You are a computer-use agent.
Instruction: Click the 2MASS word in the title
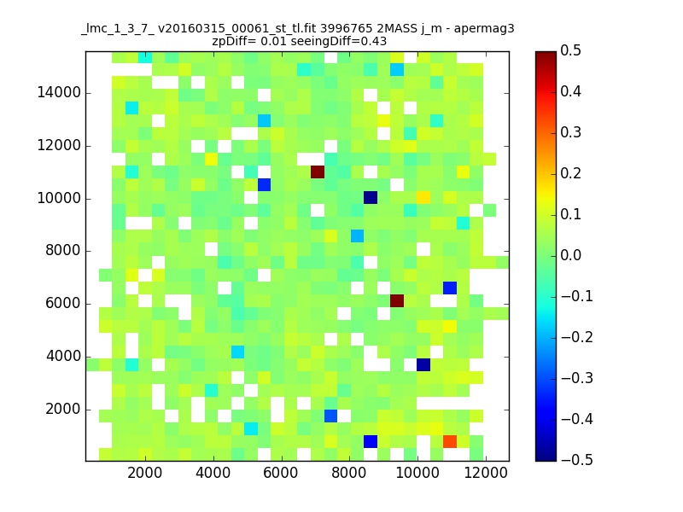(x=395, y=29)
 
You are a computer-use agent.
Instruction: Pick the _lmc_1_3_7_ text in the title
(x=118, y=29)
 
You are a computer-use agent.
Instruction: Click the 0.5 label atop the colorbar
(x=570, y=50)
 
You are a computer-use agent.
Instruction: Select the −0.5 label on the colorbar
(x=577, y=460)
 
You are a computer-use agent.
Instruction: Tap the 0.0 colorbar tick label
(x=570, y=255)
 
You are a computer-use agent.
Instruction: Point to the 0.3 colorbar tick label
(x=570, y=132)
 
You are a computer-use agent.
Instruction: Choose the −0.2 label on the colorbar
(x=577, y=337)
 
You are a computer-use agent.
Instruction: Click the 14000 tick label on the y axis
(x=59, y=93)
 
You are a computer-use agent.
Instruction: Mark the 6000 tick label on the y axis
(x=63, y=304)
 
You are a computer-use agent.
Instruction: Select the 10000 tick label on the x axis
(x=417, y=473)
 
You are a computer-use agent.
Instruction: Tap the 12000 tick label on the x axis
(x=486, y=473)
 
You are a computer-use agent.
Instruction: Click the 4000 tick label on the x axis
(x=213, y=473)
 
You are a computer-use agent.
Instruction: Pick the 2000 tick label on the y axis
(x=63, y=410)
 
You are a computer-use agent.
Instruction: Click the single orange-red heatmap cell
(x=450, y=441)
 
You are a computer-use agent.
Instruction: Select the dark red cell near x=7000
(x=318, y=172)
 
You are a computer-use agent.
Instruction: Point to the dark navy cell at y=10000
(x=371, y=198)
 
